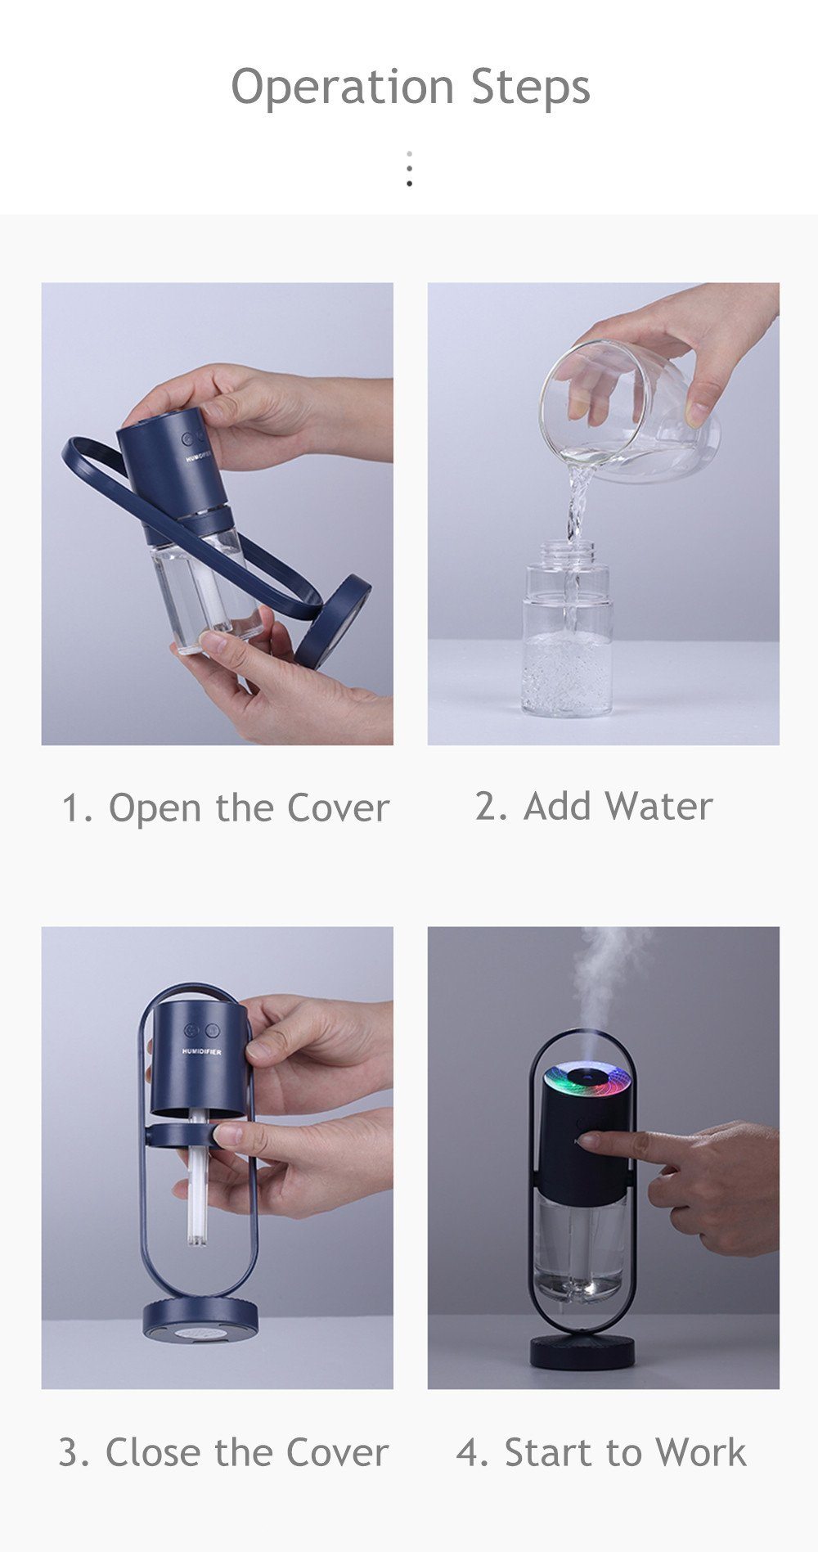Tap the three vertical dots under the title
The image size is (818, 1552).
409,169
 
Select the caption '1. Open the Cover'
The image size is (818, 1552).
226,807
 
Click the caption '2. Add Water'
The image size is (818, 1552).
594,806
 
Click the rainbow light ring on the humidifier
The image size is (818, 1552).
589,1081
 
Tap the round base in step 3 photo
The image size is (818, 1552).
200,1318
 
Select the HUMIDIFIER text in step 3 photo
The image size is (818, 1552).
202,1052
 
